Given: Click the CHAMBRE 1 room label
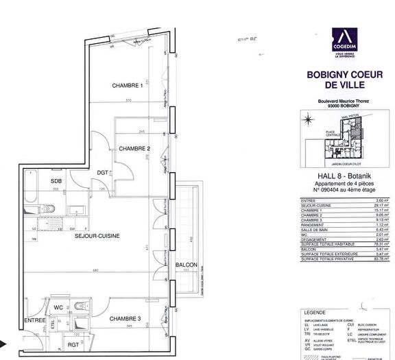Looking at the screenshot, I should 127,86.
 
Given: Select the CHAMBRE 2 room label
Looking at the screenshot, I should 134,149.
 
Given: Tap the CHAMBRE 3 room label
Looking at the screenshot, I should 124,319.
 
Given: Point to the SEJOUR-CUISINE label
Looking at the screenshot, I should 98,236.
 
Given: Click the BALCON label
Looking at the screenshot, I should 186,265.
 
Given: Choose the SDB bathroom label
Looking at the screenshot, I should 56,180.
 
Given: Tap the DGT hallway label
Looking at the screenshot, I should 101,172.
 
